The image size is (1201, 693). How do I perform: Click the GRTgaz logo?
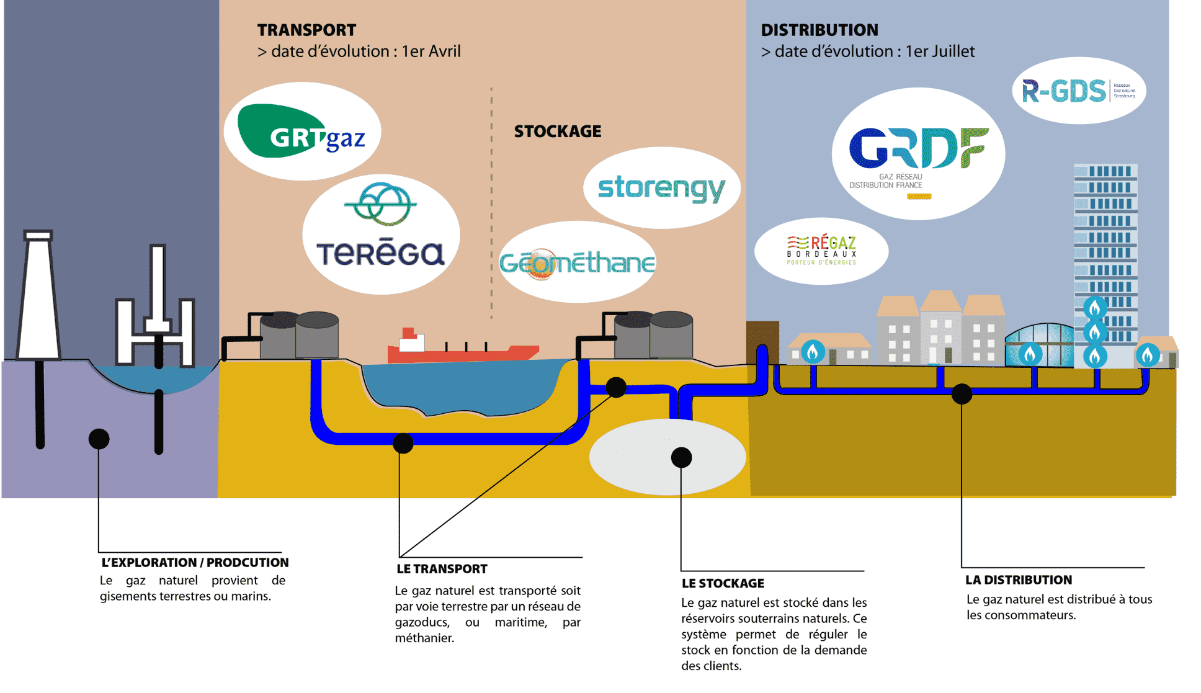click(x=302, y=132)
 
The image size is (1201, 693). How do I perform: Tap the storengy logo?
click(x=661, y=188)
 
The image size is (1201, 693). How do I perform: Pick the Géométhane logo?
click(x=577, y=262)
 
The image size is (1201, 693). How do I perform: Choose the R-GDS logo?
click(x=1078, y=91)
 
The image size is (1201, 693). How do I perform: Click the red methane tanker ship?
click(x=462, y=351)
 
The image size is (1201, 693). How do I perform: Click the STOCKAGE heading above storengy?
click(x=557, y=132)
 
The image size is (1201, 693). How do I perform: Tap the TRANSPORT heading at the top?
click(x=306, y=30)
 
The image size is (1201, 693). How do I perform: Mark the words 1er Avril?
click(x=431, y=51)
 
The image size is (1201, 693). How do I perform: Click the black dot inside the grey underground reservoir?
click(x=681, y=458)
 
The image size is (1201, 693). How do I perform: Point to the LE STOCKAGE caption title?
click(x=723, y=583)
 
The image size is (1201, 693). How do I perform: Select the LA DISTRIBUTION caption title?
click(x=1018, y=580)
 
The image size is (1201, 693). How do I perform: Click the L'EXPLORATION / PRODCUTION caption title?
click(x=195, y=563)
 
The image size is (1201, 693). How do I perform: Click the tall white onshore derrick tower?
click(x=38, y=298)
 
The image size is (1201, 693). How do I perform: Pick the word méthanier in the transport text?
click(x=424, y=638)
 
